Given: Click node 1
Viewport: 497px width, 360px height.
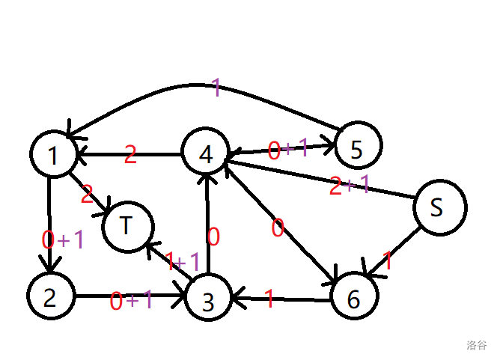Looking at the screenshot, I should tap(53, 154).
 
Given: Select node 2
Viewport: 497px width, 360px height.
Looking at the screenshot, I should tap(50, 297).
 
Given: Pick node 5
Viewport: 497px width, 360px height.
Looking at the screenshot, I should tap(357, 147).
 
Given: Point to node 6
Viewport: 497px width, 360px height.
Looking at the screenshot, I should tap(353, 297).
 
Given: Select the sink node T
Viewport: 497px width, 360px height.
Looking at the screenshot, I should tap(128, 226).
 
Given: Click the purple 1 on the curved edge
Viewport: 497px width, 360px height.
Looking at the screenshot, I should tap(216, 88).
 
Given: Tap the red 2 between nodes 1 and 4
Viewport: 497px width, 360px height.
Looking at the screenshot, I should tap(130, 155).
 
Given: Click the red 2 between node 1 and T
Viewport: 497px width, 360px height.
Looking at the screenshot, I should tap(87, 194).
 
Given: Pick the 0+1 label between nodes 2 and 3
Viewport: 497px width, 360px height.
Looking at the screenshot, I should tap(132, 301).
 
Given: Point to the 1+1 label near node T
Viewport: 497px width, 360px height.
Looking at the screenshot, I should tap(182, 262).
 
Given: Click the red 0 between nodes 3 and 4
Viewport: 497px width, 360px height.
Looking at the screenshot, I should tap(213, 237).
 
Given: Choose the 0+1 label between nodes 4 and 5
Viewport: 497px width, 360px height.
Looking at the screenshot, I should tap(288, 149).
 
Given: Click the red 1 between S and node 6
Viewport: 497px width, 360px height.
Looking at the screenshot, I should tap(388, 261).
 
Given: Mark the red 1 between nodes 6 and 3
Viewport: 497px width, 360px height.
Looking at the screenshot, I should tap(269, 300).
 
